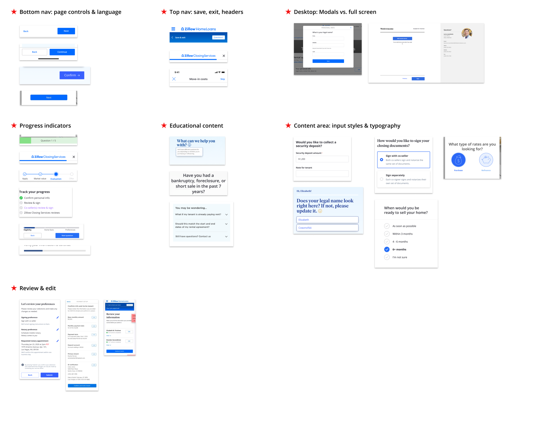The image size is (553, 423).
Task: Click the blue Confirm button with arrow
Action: (x=72, y=75)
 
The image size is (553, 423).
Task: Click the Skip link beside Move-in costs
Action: (x=223, y=79)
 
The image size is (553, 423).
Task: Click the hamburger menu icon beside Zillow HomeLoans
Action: (x=173, y=29)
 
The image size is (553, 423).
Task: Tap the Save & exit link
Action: (x=180, y=38)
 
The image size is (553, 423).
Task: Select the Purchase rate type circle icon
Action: (x=458, y=160)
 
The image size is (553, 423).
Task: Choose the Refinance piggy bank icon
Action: (x=486, y=160)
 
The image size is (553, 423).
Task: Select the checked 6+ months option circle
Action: (x=387, y=250)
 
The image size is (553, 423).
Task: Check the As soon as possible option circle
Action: (x=387, y=226)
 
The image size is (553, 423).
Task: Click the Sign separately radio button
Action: (x=382, y=179)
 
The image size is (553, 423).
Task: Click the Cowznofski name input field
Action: (x=327, y=228)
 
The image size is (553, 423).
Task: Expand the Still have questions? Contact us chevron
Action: (x=226, y=237)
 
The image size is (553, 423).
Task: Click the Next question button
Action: (x=67, y=236)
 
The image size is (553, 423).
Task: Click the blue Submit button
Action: (x=49, y=375)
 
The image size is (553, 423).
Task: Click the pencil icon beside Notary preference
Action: (x=58, y=330)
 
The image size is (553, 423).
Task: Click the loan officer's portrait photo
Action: (x=467, y=33)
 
